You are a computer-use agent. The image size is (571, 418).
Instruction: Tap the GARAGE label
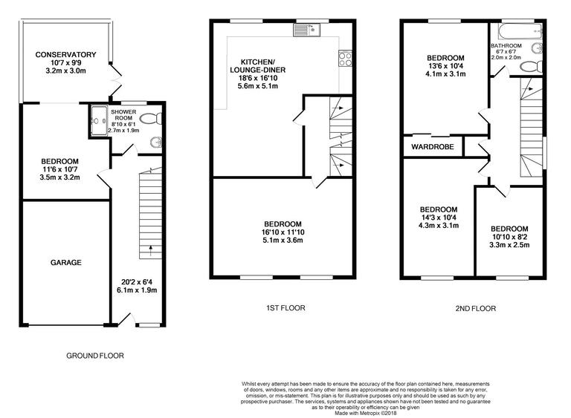65,262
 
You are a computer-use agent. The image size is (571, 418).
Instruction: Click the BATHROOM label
506,46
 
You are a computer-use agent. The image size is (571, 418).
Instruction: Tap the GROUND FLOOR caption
94,356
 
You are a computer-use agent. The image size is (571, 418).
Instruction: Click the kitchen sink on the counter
305,30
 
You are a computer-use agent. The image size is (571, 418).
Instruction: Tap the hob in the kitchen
346,56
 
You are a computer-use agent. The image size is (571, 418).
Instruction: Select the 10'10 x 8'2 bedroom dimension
509,238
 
